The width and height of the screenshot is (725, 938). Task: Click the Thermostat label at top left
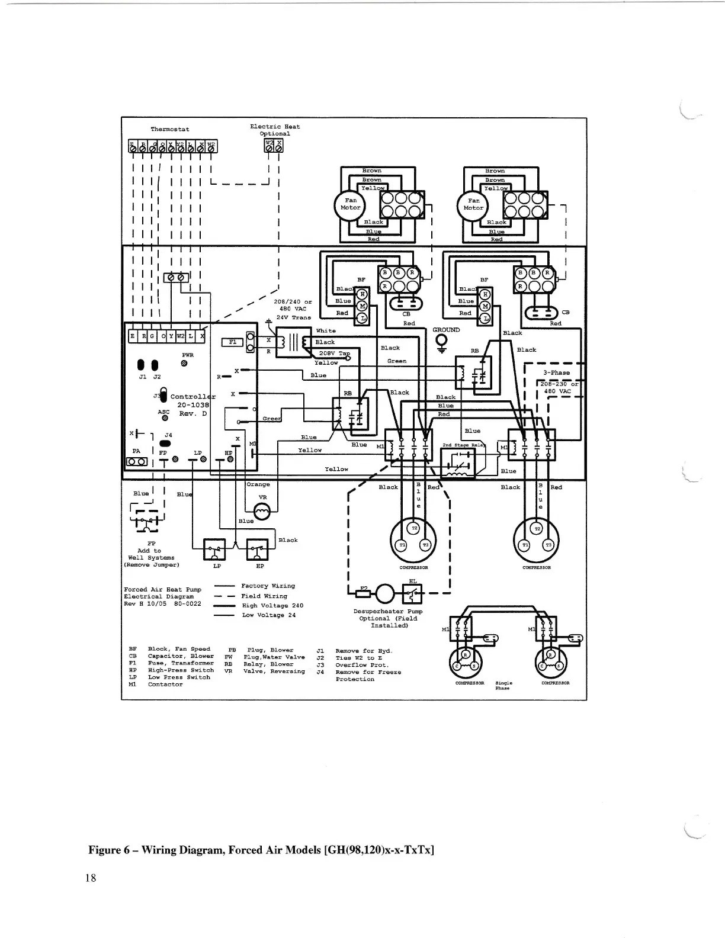170,129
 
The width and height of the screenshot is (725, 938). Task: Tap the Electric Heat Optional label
275,130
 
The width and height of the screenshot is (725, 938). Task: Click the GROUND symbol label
446,330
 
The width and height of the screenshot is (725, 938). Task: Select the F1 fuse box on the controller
232,342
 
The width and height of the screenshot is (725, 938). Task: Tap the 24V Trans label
294,317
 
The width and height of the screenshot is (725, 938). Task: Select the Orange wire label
258,484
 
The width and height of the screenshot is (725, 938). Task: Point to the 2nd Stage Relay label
464,445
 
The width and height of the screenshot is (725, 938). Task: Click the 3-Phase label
556,372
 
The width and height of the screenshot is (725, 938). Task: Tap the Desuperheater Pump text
388,611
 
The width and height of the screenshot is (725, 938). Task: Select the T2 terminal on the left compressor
414,527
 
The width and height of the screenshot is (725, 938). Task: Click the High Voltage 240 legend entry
272,606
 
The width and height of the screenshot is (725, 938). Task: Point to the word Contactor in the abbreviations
165,685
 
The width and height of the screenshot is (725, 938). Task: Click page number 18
90,878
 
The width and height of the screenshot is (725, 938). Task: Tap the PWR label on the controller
187,355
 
